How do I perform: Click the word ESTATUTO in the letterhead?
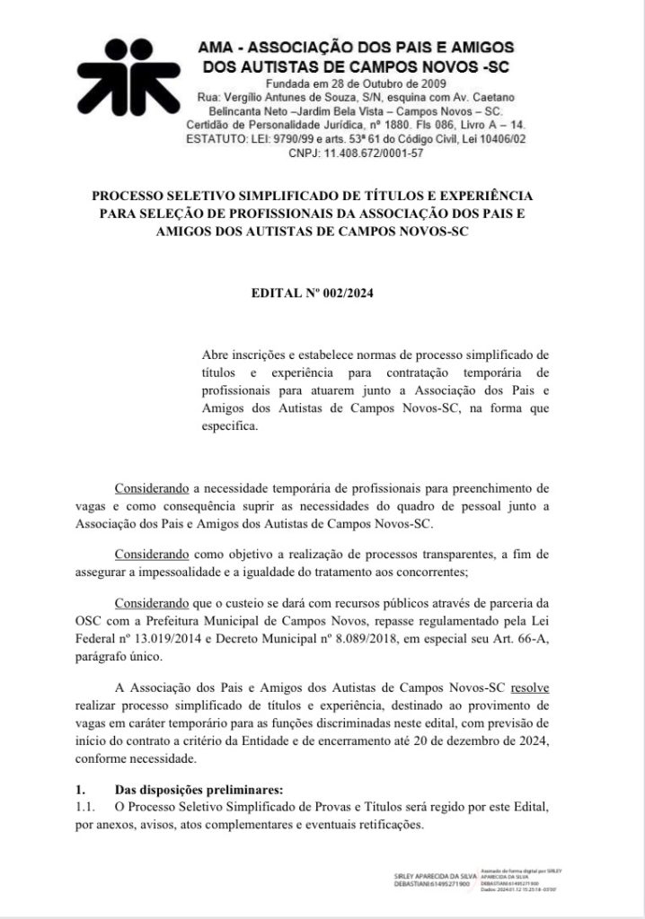216,140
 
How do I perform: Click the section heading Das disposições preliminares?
199,790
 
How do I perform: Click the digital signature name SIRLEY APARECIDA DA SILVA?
436,874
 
